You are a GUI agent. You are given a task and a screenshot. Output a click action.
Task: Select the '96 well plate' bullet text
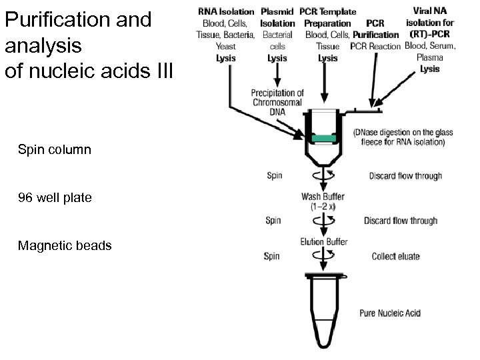pos(55,198)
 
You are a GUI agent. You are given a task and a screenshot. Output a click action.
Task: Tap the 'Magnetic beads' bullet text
pos(65,246)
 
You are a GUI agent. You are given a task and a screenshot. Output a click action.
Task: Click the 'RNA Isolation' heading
pos(226,12)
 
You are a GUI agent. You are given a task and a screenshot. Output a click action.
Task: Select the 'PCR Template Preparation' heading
pos(327,17)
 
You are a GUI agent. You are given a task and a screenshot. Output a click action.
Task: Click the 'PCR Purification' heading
pos(376,29)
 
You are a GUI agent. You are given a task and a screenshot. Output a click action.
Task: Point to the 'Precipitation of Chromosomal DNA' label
pos(277,102)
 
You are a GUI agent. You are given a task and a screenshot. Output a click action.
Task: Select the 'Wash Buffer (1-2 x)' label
pos(323,201)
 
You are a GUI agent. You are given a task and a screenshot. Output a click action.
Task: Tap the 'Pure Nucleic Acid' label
pos(390,313)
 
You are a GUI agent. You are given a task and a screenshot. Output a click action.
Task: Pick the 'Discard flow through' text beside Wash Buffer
pos(401,221)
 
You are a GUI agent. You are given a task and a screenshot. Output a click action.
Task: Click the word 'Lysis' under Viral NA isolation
pos(430,69)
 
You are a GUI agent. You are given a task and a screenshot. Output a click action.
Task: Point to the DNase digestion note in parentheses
pos(399,136)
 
